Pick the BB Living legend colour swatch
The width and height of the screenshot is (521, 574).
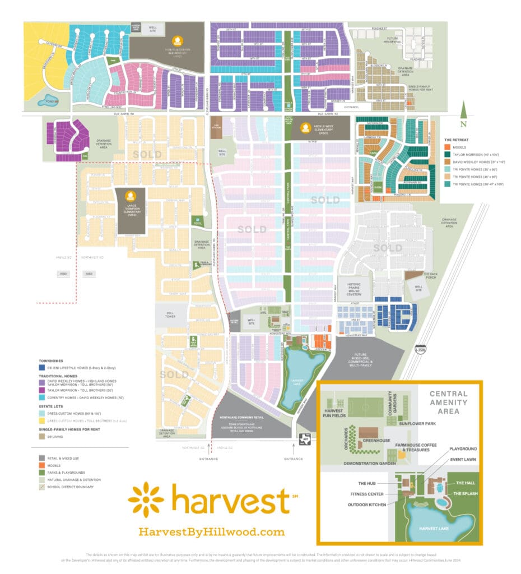(41, 434)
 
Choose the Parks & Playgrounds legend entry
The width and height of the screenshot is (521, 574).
(67, 471)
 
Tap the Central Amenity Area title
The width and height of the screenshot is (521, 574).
(447, 402)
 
